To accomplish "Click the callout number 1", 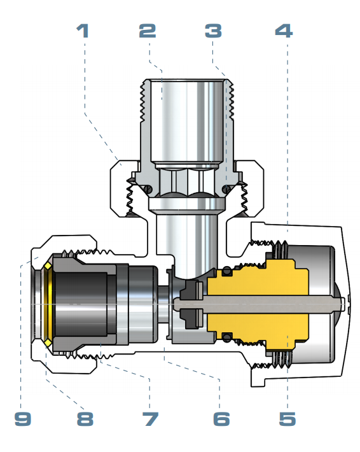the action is [x=83, y=31].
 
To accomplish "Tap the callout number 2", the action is [x=148, y=31].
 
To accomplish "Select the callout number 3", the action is [x=214, y=31].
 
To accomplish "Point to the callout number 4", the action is [x=284, y=31].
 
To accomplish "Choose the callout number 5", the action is [x=287, y=419].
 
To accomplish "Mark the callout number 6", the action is [x=221, y=419].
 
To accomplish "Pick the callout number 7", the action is [x=151, y=419].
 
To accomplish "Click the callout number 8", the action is [x=85, y=419].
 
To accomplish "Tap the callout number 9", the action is [x=23, y=419].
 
